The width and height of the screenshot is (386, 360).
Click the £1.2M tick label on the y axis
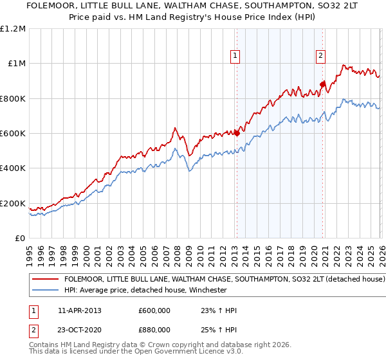(14, 29)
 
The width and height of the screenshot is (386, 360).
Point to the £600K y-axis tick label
(12, 134)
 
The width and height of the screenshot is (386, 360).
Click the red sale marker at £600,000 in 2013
(237, 134)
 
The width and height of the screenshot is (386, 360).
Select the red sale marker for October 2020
(322, 84)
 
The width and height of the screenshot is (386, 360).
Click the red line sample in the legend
(46, 280)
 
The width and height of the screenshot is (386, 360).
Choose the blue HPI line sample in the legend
(46, 290)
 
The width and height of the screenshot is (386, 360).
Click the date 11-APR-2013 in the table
(80, 310)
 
